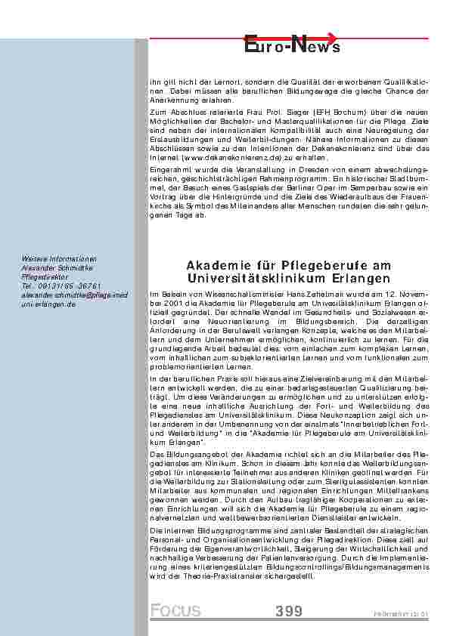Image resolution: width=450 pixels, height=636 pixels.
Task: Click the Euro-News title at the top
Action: pyautogui.click(x=293, y=46)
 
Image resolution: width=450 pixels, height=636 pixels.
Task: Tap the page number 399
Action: pyautogui.click(x=289, y=611)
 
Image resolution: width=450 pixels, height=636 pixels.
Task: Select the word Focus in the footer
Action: pyautogui.click(x=175, y=611)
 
